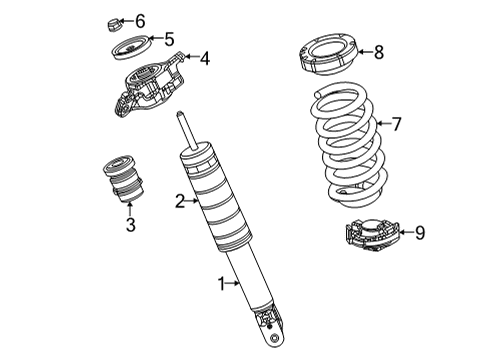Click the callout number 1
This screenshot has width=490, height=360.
coord(222,284)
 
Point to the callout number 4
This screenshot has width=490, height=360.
coord(204,59)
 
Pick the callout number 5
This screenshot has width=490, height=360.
coord(169,40)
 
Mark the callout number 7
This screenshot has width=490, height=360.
coord(396,124)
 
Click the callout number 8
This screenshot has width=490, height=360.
coord(378,52)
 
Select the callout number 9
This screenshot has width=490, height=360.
coord(419,232)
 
